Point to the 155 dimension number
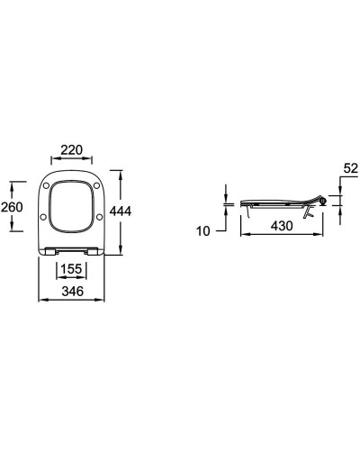coord(71,268)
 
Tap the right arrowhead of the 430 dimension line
coord(322,238)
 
